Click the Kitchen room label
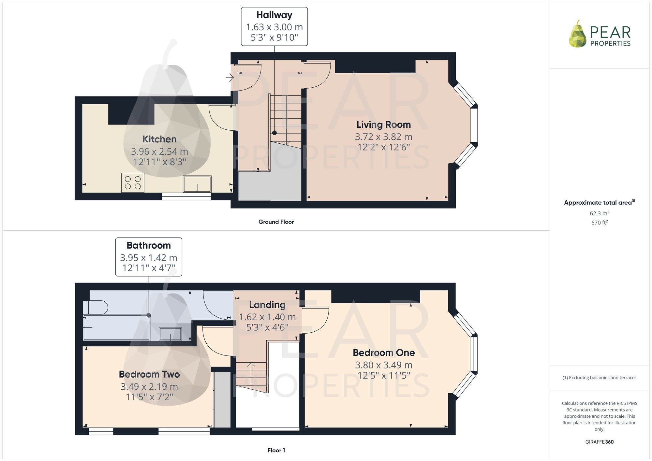[x=159, y=139]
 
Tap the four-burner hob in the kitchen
[x=133, y=183]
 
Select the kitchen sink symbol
[x=197, y=184]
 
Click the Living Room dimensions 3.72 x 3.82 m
[x=383, y=137]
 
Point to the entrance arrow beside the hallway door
[x=230, y=78]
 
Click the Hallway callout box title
[x=274, y=15]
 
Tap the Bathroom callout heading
[x=149, y=245]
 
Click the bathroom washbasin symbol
[x=170, y=334]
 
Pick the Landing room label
[x=267, y=305]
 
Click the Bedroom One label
[x=384, y=353]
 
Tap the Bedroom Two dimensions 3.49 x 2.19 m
[x=149, y=387]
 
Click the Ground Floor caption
[x=276, y=222]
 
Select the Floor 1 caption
[x=276, y=450]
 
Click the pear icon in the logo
[x=578, y=35]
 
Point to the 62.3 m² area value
[x=599, y=213]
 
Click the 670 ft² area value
[x=599, y=223]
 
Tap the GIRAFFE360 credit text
[x=599, y=442]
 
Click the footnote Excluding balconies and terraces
[x=599, y=378]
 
